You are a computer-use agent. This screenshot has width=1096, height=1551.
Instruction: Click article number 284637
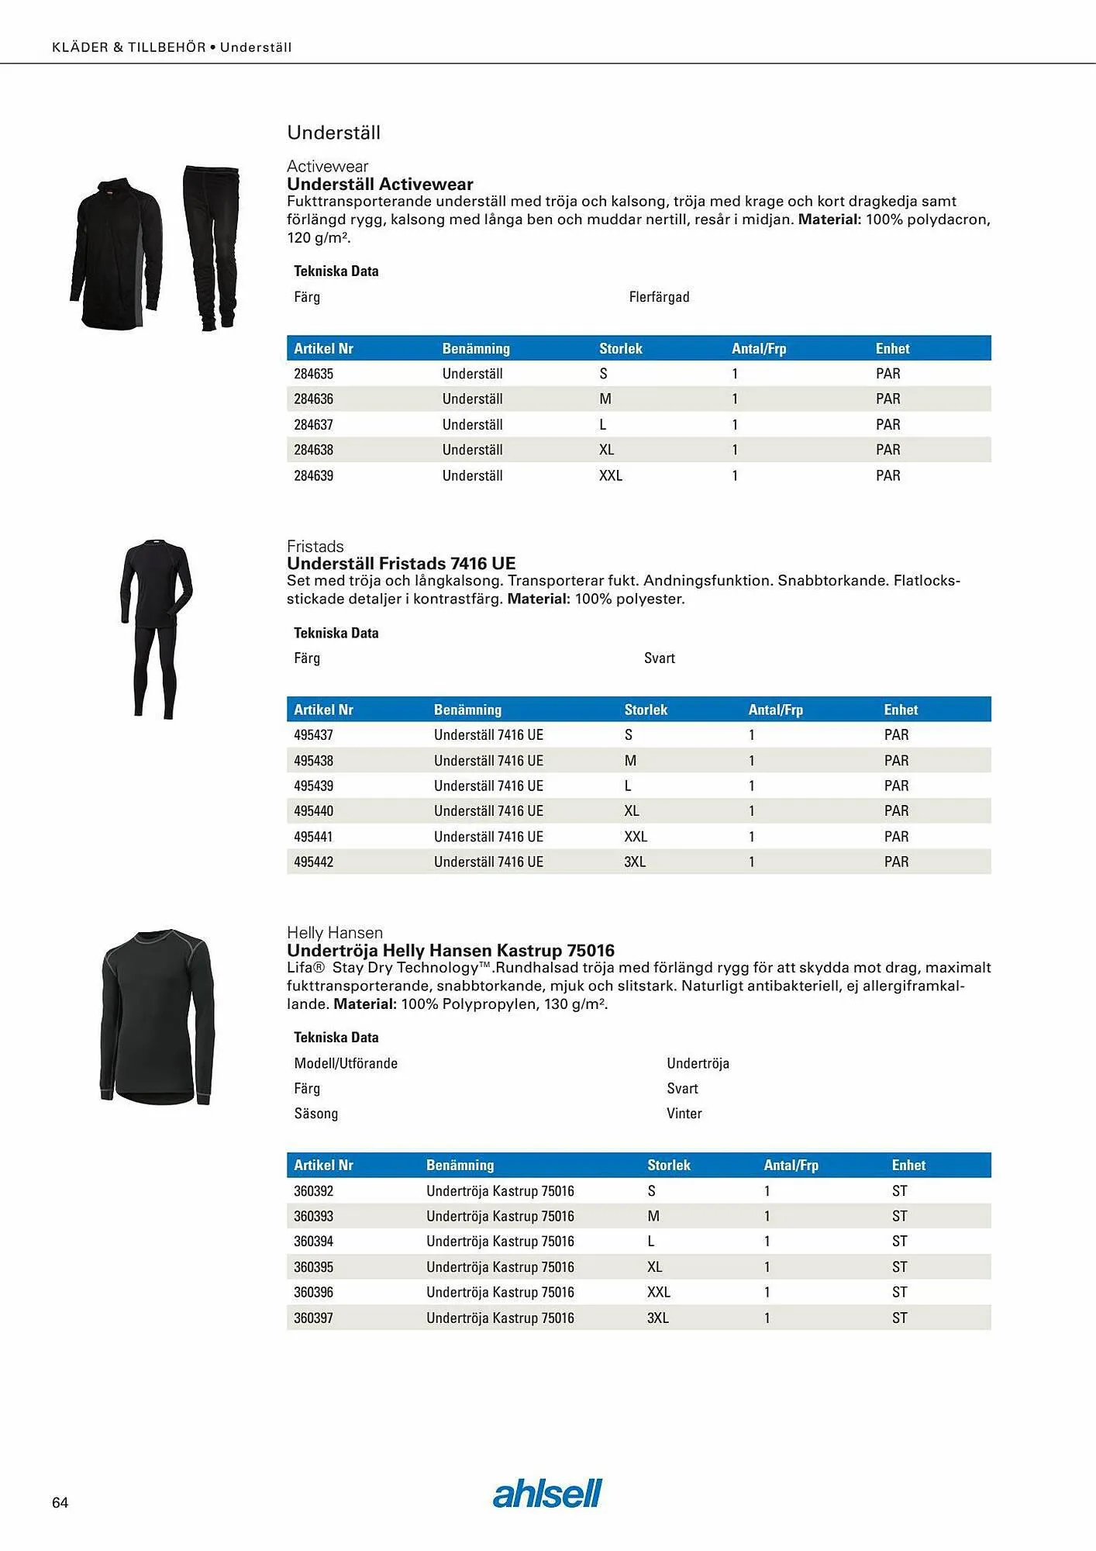pyautogui.click(x=313, y=424)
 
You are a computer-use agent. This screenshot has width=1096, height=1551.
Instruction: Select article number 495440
pyautogui.click(x=313, y=810)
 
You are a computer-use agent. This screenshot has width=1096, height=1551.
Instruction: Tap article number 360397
pyautogui.click(x=313, y=1318)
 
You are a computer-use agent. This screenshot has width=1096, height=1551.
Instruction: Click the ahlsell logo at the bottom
pyautogui.click(x=547, y=1494)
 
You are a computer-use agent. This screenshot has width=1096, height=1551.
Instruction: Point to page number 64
pyautogui.click(x=60, y=1502)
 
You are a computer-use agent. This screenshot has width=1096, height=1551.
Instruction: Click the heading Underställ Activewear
pyautogui.click(x=380, y=184)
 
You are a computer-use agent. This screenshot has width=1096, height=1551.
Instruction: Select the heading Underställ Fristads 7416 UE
pyautogui.click(x=401, y=563)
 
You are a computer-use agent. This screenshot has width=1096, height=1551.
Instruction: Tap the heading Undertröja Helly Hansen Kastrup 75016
pyautogui.click(x=450, y=950)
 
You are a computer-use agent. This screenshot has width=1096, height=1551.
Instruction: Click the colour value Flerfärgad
pyautogui.click(x=659, y=297)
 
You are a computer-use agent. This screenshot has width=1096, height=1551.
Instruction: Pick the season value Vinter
pyautogui.click(x=684, y=1114)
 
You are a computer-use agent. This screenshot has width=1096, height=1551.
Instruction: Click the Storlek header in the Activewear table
pyautogui.click(x=620, y=348)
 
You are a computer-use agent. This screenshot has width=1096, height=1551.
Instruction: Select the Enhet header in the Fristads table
pyautogui.click(x=901, y=710)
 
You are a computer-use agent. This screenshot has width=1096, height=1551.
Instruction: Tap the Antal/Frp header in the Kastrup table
pyautogui.click(x=791, y=1165)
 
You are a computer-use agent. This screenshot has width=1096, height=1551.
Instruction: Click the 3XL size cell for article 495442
pyautogui.click(x=635, y=862)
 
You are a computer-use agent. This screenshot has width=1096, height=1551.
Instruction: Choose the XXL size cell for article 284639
pyautogui.click(x=610, y=475)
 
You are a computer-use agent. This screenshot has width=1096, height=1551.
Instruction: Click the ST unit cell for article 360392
pyautogui.click(x=899, y=1190)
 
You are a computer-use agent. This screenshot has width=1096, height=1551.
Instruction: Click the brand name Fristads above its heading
pyautogui.click(x=315, y=546)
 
